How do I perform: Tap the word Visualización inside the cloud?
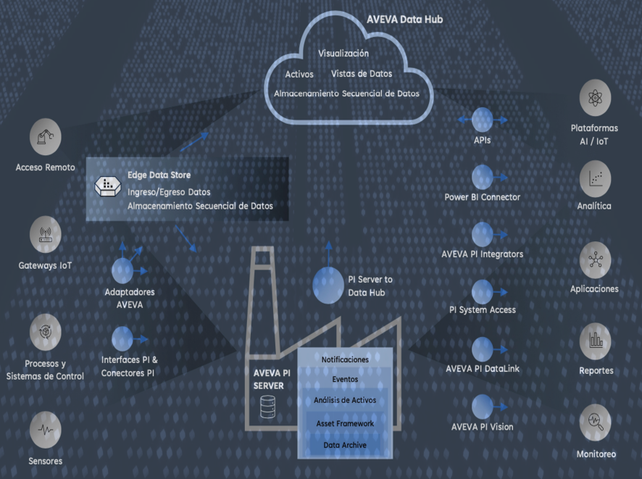coord(343,54)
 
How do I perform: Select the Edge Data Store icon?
coord(107,186)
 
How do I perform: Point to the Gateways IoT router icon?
coord(45,234)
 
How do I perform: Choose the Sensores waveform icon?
coord(45,429)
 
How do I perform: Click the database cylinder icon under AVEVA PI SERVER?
coord(267,409)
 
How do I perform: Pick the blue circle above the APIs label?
coord(482,120)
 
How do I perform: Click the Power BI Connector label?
coord(482,197)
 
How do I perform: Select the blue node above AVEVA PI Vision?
coord(482,407)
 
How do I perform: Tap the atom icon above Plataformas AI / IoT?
coord(595,97)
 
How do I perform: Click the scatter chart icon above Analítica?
coord(595,177)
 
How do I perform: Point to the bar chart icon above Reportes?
coord(595,340)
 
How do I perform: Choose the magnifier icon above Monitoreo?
coord(595,421)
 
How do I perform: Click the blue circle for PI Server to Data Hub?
coord(328,285)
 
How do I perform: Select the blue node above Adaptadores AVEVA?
coord(123,271)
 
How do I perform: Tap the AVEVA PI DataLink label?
coord(482,370)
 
